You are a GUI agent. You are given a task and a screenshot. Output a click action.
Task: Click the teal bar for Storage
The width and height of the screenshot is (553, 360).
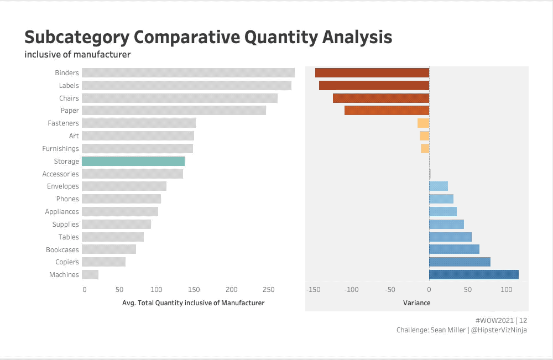[x=133, y=161]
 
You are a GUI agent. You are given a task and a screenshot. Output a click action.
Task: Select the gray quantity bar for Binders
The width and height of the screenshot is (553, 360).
[x=188, y=72]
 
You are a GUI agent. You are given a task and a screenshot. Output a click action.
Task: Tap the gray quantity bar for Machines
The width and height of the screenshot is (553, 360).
[x=90, y=274]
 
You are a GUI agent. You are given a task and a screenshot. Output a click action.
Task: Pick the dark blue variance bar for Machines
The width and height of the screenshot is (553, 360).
[x=474, y=274]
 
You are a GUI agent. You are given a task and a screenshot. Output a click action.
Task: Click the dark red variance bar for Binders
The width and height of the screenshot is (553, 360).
[x=372, y=72]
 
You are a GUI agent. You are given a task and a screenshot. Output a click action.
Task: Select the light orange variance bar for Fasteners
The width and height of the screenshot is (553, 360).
[x=423, y=123]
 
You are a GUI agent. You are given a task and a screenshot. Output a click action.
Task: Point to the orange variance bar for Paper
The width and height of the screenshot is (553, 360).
[x=387, y=111]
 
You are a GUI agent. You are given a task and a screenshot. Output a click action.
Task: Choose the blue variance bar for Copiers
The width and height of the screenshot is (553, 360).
[x=460, y=262]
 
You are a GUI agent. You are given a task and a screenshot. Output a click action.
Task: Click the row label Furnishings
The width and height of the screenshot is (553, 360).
[x=60, y=148]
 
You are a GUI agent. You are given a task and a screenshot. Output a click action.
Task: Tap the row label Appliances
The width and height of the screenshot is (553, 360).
[x=62, y=211]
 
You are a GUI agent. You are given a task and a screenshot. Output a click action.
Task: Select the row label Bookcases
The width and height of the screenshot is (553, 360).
[x=62, y=249]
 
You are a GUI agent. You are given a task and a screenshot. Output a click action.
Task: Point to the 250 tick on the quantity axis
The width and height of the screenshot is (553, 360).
[x=268, y=289]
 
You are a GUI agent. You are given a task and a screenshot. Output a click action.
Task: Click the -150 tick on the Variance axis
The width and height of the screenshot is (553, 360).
[x=313, y=289]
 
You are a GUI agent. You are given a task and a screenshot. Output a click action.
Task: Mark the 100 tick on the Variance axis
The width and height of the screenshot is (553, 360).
[x=506, y=289]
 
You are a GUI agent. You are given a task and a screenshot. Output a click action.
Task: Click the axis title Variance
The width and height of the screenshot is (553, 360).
[x=416, y=302]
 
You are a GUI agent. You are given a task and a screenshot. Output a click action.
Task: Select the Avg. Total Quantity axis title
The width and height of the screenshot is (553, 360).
[x=193, y=302]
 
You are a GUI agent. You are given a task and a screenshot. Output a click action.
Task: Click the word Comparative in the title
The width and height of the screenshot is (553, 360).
[x=187, y=37]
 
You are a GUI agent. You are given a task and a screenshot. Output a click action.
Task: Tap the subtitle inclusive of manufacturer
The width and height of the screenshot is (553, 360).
[x=77, y=54]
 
